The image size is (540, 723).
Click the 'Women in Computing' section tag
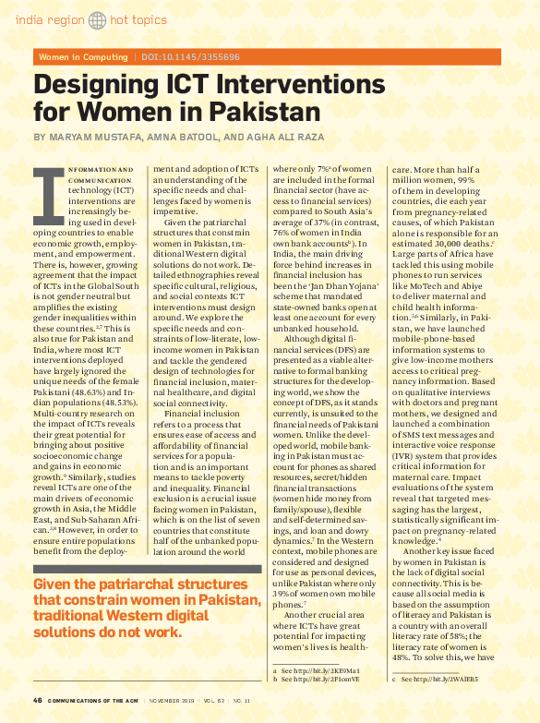[83, 57]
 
